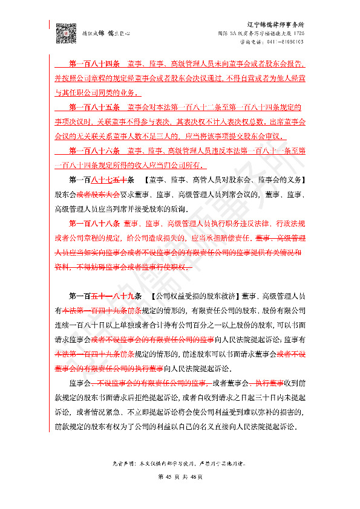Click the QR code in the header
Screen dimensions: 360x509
click(x=65, y=31)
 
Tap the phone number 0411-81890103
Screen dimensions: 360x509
click(x=284, y=42)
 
